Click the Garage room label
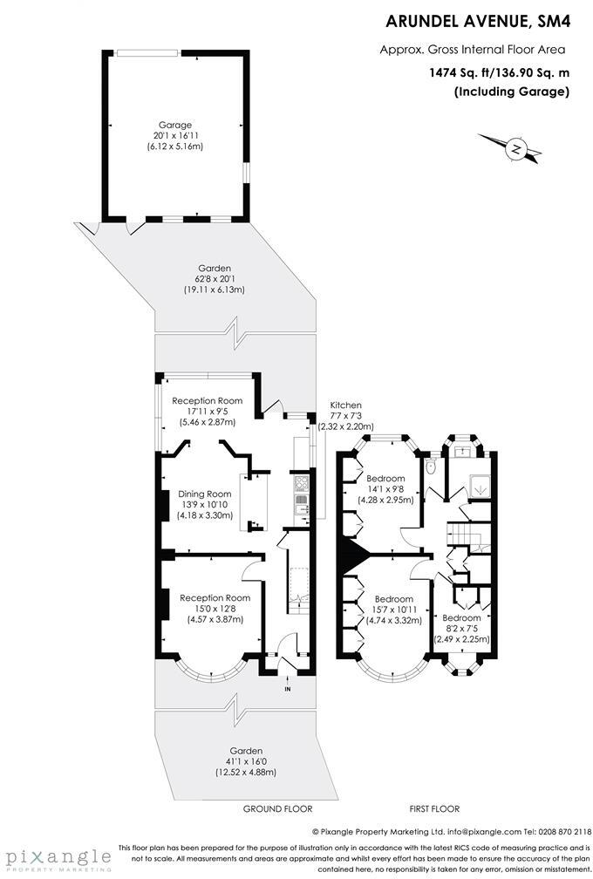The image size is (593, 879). pos(174,125)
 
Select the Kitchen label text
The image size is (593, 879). pos(345,405)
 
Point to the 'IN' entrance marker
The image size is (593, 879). pos(287,689)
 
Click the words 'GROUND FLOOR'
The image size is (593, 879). pos(277,809)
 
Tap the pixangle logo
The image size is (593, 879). pos(56,857)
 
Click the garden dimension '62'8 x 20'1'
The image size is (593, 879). pos(214,279)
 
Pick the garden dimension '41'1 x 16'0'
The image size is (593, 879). pos(245,761)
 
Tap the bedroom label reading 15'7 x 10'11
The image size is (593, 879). pos(393,610)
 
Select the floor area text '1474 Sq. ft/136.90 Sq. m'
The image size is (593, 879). pos(499,73)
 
